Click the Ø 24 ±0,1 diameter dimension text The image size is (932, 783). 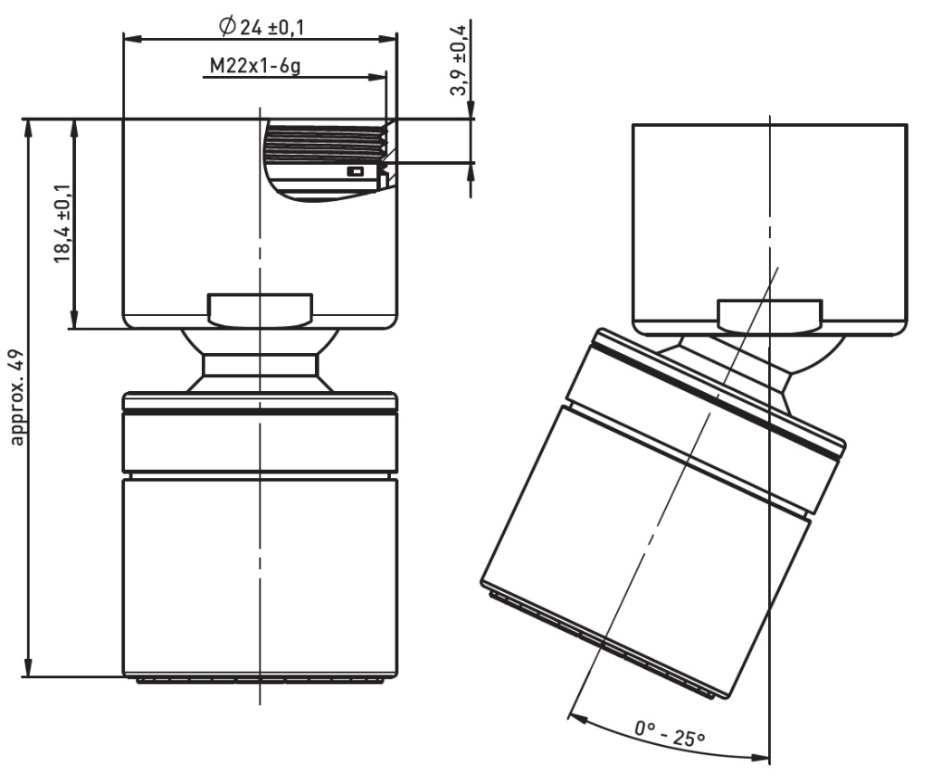click(x=262, y=27)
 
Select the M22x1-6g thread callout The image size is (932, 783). click(x=255, y=65)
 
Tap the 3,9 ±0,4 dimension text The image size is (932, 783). click(x=459, y=61)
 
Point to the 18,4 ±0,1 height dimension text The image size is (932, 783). click(x=62, y=223)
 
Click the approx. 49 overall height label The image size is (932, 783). click(x=17, y=397)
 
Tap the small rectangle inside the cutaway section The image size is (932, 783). click(x=355, y=172)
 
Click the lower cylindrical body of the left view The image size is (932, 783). click(x=260, y=577)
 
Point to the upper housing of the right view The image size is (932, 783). click(x=770, y=230)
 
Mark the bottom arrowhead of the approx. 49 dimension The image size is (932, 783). click(x=27, y=666)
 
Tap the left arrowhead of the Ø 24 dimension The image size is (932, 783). click(x=132, y=39)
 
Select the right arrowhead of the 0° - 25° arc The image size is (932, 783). click(x=760, y=758)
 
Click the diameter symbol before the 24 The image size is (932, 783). click(x=227, y=27)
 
